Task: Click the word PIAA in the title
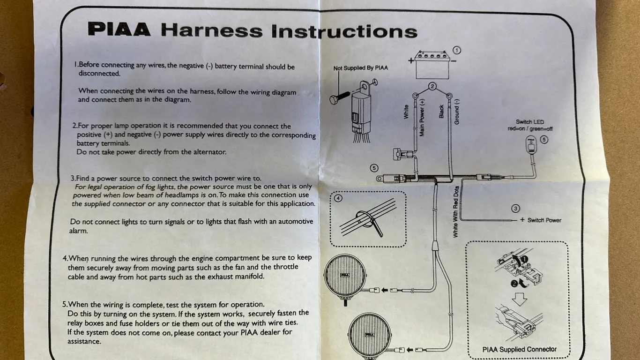coord(119,29)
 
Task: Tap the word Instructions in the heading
coord(344,31)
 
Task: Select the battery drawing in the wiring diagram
coord(432,65)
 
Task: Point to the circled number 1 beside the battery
coord(457,50)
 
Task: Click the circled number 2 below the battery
coord(432,86)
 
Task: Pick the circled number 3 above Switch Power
coord(515,209)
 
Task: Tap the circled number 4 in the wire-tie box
coord(338,198)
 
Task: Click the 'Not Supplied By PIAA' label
coord(361,68)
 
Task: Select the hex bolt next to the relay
coord(340,97)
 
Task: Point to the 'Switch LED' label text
coord(530,122)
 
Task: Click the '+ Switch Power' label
coord(540,220)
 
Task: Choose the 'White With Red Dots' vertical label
coord(455,212)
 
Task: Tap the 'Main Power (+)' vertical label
coord(422,118)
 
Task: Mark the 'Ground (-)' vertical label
coord(456,112)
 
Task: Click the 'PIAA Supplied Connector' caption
coord(520,349)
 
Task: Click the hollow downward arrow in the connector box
coord(519,299)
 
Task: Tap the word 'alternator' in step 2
coord(210,152)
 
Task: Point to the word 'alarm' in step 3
coord(79,231)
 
